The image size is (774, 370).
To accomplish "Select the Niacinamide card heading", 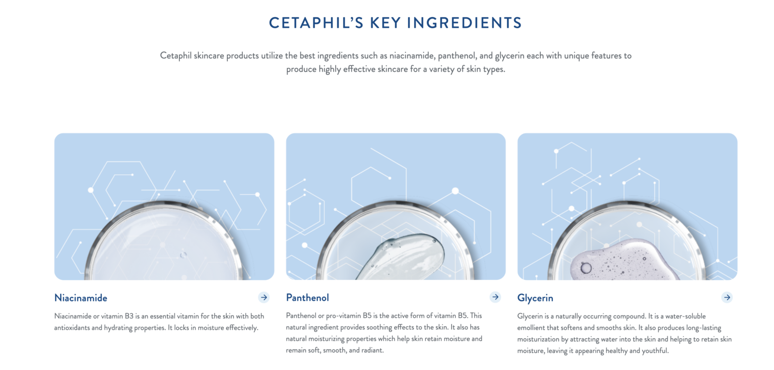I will (x=81, y=298).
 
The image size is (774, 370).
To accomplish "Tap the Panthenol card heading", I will (x=307, y=298).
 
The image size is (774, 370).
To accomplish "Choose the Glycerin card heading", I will (x=535, y=298).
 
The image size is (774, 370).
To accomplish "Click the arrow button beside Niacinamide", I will (x=264, y=297).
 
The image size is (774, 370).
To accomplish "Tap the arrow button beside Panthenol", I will (x=495, y=297).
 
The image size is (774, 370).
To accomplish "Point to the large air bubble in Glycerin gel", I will (x=586, y=268).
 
